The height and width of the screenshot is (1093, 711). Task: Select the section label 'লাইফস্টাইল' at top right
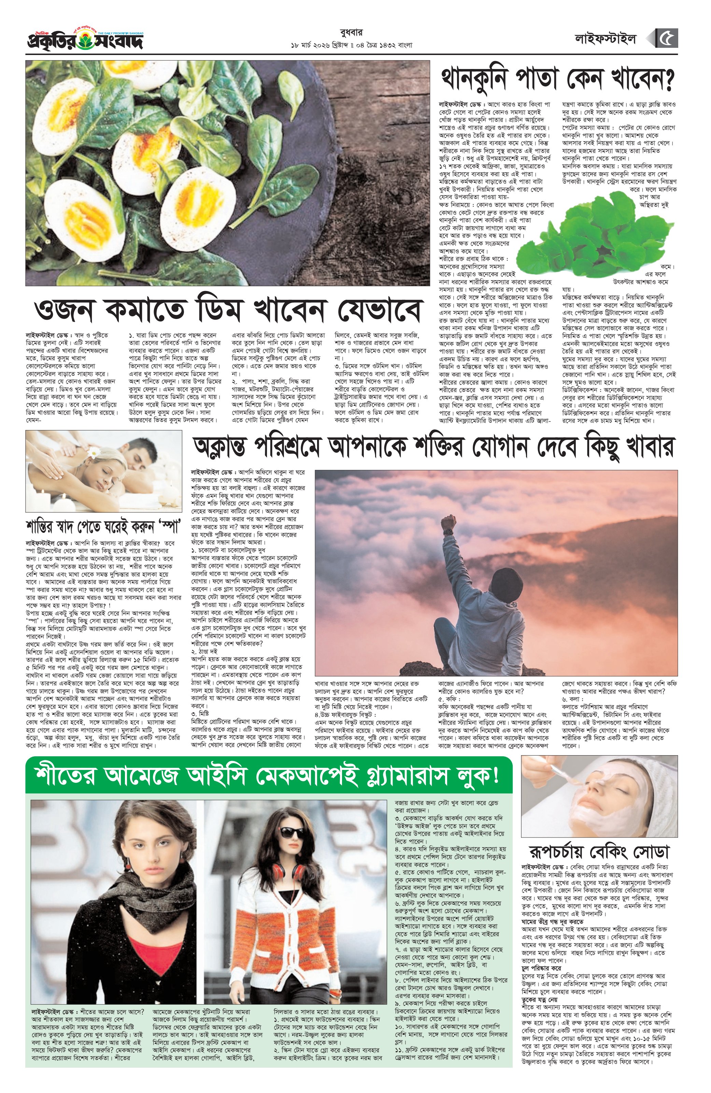coord(606,40)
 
